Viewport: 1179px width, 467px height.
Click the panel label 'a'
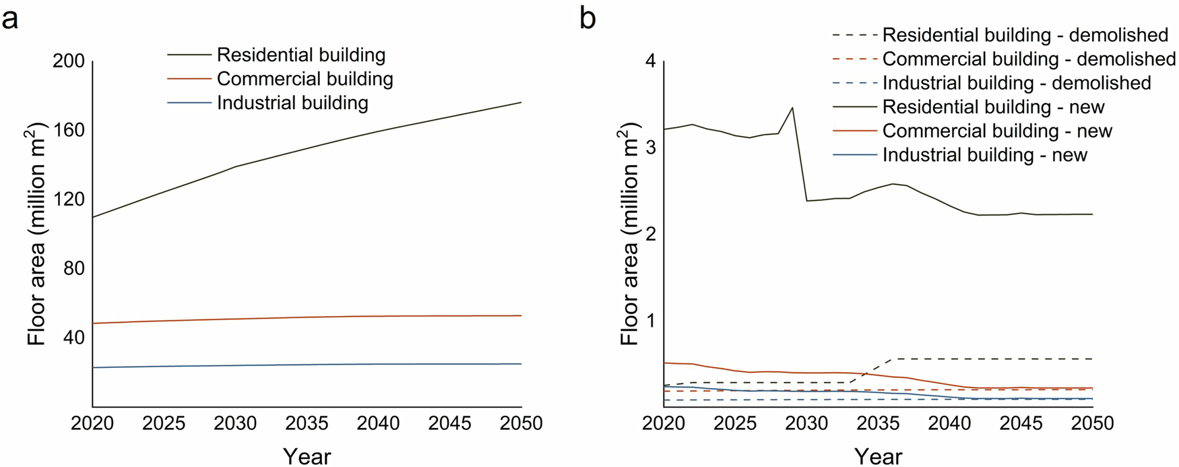tap(9, 19)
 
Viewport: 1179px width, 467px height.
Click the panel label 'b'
tap(587, 19)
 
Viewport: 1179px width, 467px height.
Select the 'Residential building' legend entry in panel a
tap(300, 55)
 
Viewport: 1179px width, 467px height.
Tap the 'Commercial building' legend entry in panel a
tap(305, 79)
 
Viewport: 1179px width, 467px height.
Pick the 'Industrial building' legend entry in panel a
tap(292, 103)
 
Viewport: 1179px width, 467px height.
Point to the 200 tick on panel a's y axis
tap(68, 61)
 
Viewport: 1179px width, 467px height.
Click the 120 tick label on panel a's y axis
tap(68, 199)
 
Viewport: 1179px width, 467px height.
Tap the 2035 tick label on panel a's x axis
tap(307, 423)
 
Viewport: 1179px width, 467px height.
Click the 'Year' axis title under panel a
tap(307, 456)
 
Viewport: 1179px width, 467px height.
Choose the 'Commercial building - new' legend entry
tap(997, 131)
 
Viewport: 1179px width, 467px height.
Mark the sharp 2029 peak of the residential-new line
tap(792, 107)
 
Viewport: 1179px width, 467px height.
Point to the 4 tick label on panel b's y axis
tap(650, 61)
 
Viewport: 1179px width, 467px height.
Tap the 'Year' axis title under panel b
tap(878, 456)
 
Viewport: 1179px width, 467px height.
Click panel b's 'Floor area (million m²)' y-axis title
tap(629, 234)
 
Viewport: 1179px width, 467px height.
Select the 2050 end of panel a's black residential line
tap(521, 102)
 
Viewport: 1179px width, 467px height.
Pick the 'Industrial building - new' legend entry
tap(984, 155)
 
